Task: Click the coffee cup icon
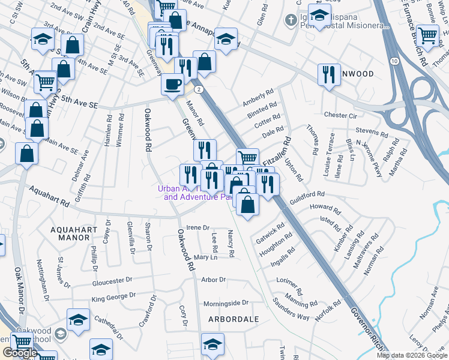coord(173,83)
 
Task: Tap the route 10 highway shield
coord(394,62)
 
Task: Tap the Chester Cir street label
coord(340,115)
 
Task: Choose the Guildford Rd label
coord(306,196)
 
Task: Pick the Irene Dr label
coord(197,228)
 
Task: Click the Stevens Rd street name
coord(372,131)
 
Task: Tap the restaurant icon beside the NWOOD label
coord(328,74)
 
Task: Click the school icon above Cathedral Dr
coord(78,320)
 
